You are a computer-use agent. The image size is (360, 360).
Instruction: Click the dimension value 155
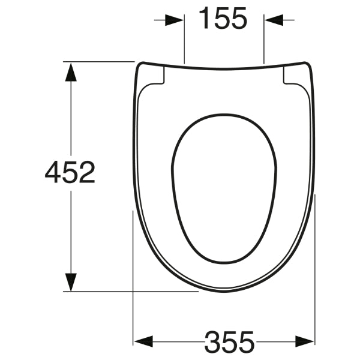pos(223,20)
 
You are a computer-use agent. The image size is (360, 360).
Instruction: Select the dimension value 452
pos(70,173)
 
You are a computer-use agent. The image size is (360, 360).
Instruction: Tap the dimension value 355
pos(229,342)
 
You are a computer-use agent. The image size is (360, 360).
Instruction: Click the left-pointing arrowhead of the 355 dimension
pos(142,341)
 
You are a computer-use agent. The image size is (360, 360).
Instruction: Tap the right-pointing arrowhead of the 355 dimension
pos(305,341)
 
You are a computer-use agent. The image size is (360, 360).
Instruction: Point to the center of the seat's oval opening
pos(223,187)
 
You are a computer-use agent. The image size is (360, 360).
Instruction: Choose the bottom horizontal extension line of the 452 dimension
pos(132,292)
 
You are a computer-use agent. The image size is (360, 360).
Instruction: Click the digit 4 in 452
pos(54,173)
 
